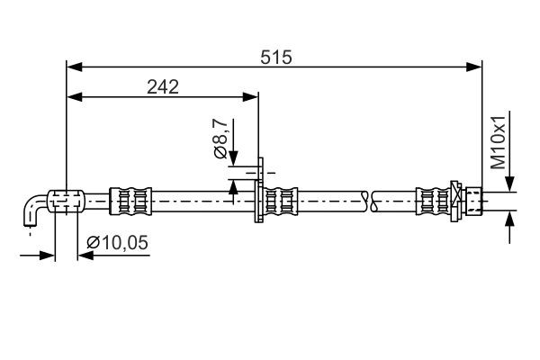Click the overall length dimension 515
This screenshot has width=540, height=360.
(x=277, y=57)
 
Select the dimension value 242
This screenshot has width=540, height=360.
(x=163, y=86)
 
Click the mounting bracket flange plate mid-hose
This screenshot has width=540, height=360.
(x=259, y=192)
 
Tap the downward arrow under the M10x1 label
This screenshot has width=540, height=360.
(x=509, y=183)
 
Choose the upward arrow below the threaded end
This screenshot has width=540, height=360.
(x=509, y=218)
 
